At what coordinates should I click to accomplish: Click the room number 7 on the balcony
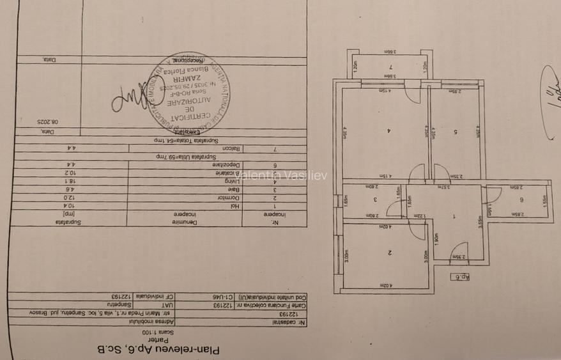(390, 67)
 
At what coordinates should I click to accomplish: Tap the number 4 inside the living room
(388, 132)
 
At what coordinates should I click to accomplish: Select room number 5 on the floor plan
(456, 132)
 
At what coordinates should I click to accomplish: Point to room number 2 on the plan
(388, 253)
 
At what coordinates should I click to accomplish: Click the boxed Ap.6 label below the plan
(459, 276)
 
